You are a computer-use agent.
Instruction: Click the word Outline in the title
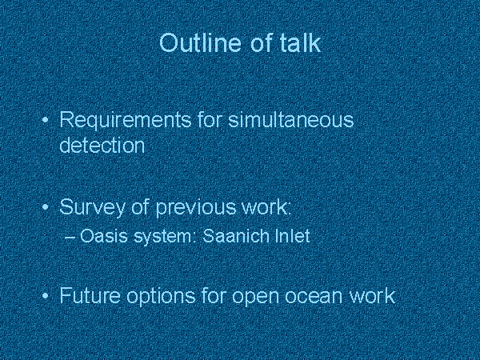(x=200, y=42)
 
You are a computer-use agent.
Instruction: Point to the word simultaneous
(x=291, y=119)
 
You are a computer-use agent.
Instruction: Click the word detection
(x=102, y=145)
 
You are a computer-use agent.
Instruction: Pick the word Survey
(x=93, y=208)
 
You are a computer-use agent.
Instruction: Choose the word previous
(x=196, y=208)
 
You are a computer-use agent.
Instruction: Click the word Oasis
(x=103, y=236)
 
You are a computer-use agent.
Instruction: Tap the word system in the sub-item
(x=164, y=237)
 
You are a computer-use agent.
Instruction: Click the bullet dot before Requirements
(x=46, y=120)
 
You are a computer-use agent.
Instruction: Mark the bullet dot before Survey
(x=46, y=207)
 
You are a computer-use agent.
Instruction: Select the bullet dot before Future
(x=46, y=296)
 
